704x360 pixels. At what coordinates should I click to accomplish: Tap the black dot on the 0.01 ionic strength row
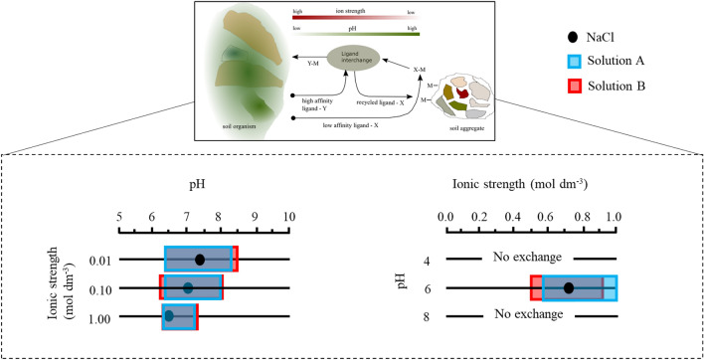(200, 260)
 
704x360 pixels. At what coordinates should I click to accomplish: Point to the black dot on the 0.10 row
(188, 289)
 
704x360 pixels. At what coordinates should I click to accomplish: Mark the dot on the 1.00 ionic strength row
(169, 317)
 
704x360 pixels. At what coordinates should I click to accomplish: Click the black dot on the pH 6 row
(569, 288)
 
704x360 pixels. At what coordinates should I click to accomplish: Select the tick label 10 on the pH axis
(289, 216)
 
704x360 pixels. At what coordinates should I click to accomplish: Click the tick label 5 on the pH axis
(119, 216)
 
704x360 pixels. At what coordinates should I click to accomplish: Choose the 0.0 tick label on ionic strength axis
(446, 216)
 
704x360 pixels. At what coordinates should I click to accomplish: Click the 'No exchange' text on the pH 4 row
(532, 260)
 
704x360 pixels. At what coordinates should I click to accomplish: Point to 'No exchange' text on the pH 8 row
(532, 317)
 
